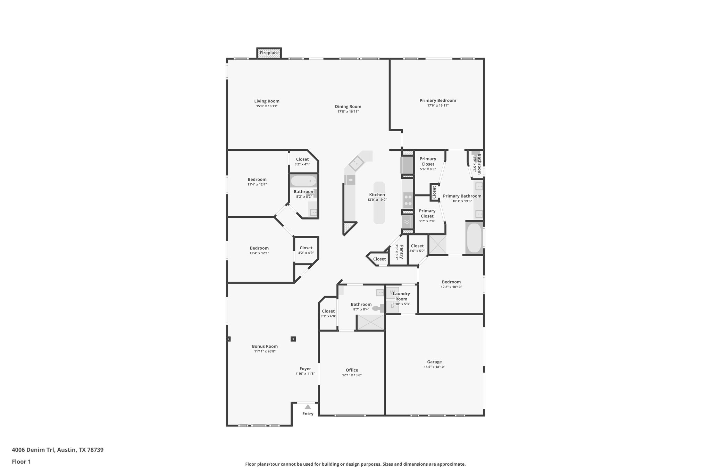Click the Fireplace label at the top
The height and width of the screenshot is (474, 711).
click(269, 53)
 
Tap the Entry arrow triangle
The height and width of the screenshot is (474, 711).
click(308, 407)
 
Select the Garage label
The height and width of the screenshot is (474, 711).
click(434, 362)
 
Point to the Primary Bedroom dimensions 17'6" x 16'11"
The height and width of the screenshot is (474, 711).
click(438, 106)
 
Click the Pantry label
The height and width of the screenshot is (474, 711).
click(401, 252)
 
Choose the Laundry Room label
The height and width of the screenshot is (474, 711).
click(401, 296)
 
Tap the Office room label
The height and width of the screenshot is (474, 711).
click(352, 370)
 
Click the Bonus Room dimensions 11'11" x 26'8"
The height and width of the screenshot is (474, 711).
click(265, 351)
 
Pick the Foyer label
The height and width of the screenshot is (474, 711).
click(305, 369)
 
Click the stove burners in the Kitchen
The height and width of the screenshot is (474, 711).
click(408, 200)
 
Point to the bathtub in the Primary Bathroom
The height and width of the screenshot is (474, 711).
click(474, 238)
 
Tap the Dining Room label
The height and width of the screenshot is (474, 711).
click(348, 107)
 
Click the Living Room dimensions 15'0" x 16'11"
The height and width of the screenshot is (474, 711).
click(267, 106)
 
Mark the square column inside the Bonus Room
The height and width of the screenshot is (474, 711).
click(293, 339)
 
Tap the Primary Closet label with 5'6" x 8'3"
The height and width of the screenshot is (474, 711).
click(428, 161)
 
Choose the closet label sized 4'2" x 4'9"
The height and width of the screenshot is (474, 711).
click(306, 248)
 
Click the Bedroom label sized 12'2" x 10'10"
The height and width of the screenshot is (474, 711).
click(451, 282)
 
